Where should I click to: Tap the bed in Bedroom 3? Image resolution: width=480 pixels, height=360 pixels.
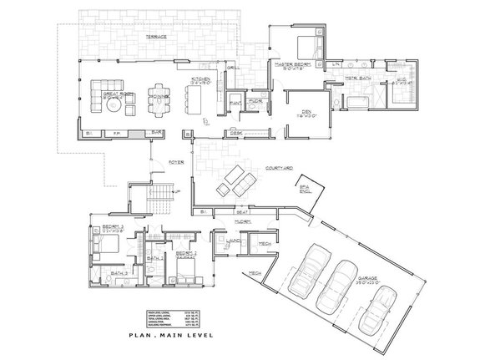(x=106, y=244)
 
